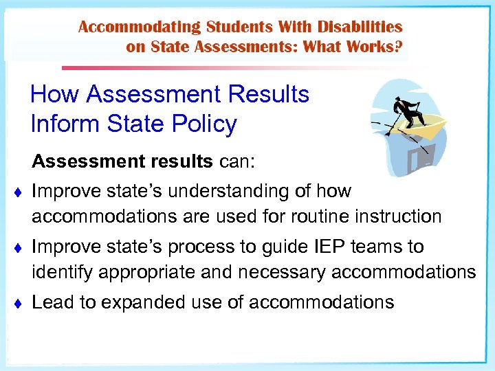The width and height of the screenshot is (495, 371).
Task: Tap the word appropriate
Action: pyautogui.click(x=155, y=272)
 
